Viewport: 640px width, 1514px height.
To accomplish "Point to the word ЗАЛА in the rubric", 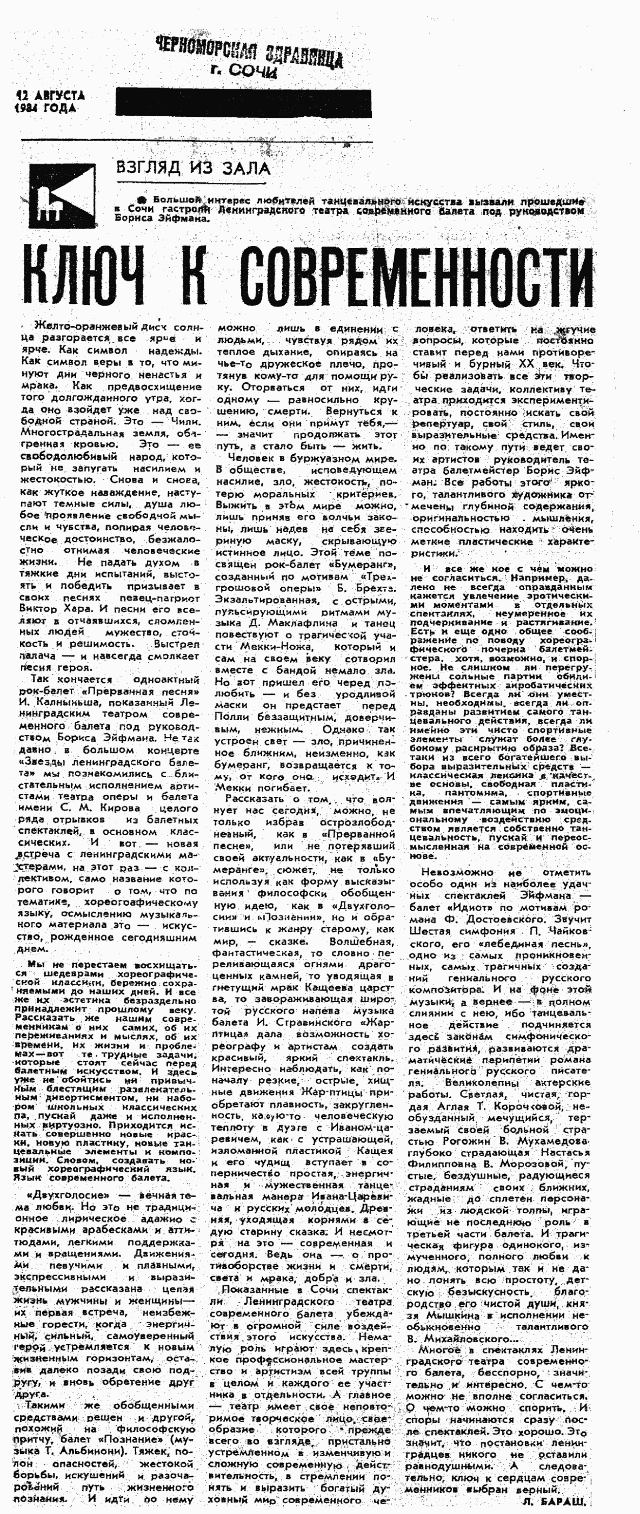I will tap(245, 169).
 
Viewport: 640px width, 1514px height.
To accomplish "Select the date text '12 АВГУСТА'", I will tap(51, 96).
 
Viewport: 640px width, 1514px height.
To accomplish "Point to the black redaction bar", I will tap(243, 103).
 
